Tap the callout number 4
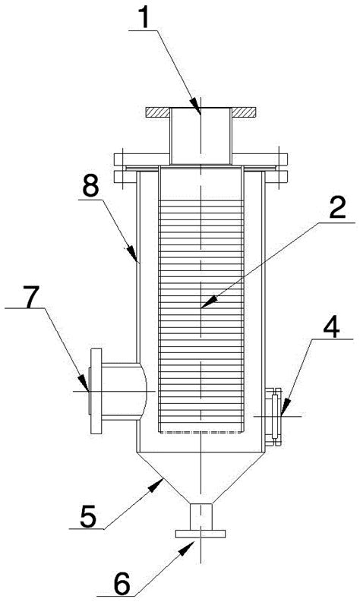[x=332, y=326]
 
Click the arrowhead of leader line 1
[x=197, y=108]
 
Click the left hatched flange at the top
[x=158, y=112]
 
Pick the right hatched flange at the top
[x=244, y=112]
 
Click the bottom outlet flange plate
[x=201, y=534]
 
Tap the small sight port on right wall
[x=274, y=417]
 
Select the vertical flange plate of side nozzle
[x=96, y=391]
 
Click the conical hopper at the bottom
[x=201, y=477]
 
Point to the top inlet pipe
[x=201, y=136]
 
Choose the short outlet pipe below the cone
[x=201, y=517]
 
